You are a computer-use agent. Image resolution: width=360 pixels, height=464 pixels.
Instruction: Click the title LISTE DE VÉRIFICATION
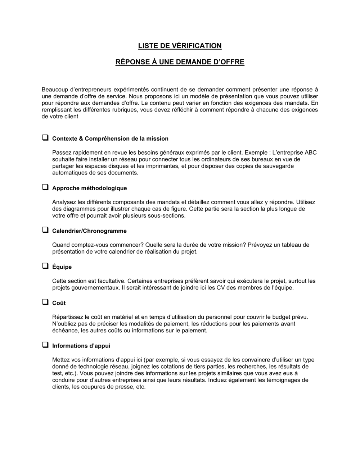[x=180, y=46]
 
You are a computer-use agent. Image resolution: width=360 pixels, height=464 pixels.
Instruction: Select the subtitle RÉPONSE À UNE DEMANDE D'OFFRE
[x=180, y=62]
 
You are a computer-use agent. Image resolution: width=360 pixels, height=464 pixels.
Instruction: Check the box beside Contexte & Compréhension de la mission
[x=45, y=138]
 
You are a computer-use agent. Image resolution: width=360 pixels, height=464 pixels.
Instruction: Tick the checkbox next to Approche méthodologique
[x=45, y=187]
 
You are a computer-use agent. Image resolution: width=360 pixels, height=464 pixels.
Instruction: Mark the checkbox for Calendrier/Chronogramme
[x=45, y=230]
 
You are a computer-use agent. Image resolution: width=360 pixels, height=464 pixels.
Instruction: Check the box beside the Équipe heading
[x=45, y=266]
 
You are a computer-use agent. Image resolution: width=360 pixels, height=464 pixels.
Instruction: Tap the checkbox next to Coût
[x=45, y=302]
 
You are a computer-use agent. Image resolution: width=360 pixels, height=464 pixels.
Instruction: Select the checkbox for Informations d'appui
[x=45, y=345]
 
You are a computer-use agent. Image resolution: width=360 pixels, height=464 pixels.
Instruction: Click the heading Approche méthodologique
[x=89, y=188]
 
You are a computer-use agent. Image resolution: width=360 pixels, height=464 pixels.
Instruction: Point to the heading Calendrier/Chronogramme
[x=89, y=231]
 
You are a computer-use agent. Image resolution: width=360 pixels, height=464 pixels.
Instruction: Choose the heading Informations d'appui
[x=81, y=346]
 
